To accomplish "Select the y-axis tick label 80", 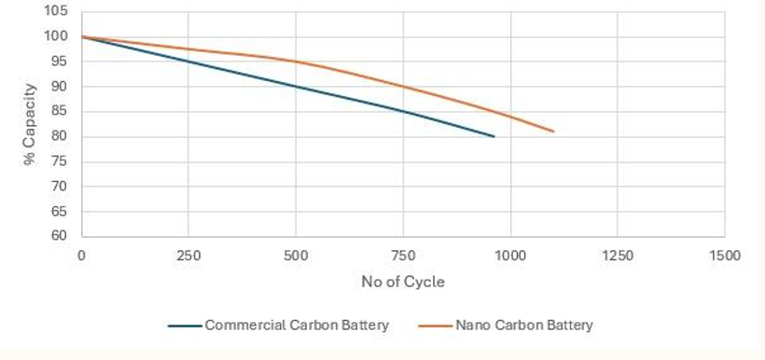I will [x=59, y=137].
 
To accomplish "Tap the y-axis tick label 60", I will [x=59, y=236].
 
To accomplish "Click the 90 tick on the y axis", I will [x=59, y=87].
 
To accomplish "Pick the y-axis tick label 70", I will [x=59, y=187].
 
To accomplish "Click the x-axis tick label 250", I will [x=188, y=256].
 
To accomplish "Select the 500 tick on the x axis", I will [x=296, y=256].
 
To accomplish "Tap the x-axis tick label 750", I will [x=403, y=256].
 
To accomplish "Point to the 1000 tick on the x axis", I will [x=510, y=256].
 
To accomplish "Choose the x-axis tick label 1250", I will [x=618, y=256].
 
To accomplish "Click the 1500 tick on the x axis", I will [x=724, y=256].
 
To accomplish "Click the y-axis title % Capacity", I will [x=30, y=124].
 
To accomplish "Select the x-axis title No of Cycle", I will [x=402, y=282].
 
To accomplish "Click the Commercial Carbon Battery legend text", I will [x=296, y=325].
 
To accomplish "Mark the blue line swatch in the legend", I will [x=185, y=325].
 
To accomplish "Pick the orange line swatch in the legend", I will [x=436, y=325].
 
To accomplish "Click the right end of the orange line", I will [x=553, y=132].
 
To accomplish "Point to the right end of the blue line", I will [x=494, y=136].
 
